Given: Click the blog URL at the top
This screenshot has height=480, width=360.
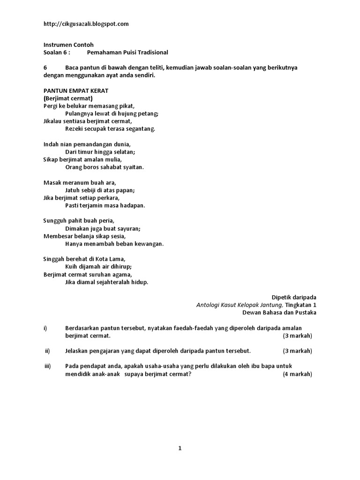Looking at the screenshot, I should [x=86, y=24].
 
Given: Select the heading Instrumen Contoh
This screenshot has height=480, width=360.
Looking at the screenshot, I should [x=68, y=45].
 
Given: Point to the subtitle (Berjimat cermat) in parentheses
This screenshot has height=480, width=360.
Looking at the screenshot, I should [x=68, y=98].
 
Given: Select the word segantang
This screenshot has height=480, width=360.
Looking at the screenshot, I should [x=140, y=128].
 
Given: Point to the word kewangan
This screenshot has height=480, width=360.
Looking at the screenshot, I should [x=148, y=244].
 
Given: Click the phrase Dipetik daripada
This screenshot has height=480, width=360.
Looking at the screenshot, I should [x=294, y=297].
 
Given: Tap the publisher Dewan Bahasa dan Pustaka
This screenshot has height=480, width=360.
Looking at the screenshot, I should [x=279, y=312].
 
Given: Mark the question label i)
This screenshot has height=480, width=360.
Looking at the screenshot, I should [x=45, y=328].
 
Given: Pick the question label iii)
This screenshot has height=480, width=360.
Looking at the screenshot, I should [x=47, y=366].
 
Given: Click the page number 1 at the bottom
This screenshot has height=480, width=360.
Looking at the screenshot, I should [x=180, y=448].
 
